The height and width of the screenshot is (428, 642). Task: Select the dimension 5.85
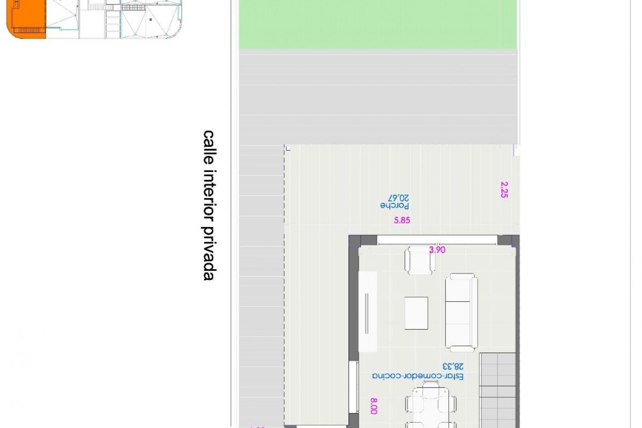pyautogui.click(x=402, y=220)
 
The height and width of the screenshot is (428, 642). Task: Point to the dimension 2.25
pyautogui.click(x=504, y=190)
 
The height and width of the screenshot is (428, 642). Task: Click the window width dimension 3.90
pyautogui.click(x=437, y=250)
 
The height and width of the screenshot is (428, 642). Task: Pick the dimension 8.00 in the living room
pyautogui.click(x=374, y=406)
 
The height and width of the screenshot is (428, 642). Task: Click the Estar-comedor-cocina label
pyautogui.click(x=418, y=376)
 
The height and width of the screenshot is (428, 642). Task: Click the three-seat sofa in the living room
pyautogui.click(x=461, y=312)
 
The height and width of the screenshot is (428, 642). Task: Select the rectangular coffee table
pyautogui.click(x=416, y=313)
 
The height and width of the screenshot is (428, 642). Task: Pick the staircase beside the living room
pyautogui.click(x=498, y=390)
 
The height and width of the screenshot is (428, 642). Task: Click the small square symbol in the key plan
pyautogui.click(x=151, y=20)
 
